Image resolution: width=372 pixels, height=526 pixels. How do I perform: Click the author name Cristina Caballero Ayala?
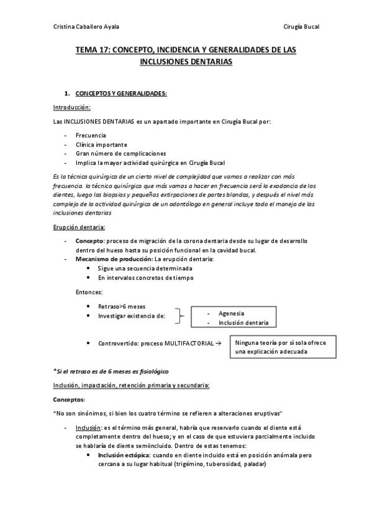[86, 26]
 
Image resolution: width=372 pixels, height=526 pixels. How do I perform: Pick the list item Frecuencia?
[91, 135]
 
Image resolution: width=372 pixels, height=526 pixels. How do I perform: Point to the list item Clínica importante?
[101, 144]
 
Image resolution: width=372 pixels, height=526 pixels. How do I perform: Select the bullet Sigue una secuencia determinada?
[145, 268]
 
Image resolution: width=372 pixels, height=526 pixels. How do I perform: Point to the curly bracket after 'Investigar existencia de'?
[180, 316]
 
